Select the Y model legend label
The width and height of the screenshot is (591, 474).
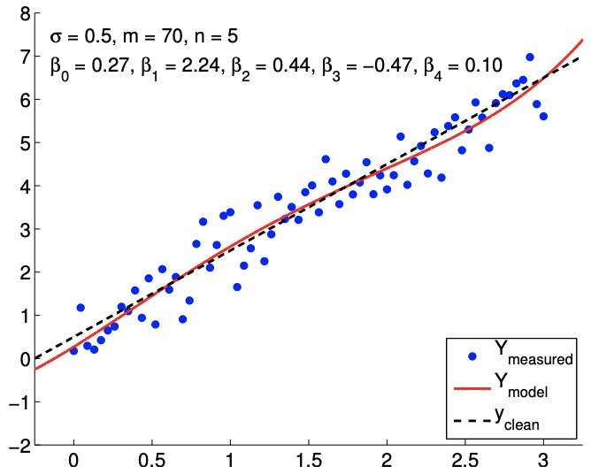point(526,386)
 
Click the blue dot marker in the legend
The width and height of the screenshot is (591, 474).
point(472,356)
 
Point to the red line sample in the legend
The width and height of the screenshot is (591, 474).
point(472,387)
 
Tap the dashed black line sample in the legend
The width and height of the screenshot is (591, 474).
point(472,418)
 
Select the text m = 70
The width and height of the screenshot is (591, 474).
point(160,37)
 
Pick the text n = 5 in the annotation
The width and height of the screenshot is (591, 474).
point(218,37)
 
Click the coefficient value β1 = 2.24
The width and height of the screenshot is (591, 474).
point(178,65)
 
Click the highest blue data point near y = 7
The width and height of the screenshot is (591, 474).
point(530,57)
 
